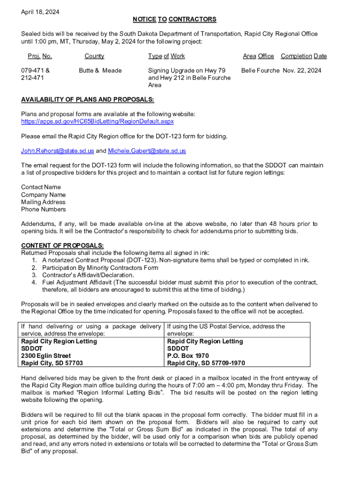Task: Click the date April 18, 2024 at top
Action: tap(40, 11)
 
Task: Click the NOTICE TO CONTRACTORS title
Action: tap(174, 19)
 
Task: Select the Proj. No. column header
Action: tap(40, 56)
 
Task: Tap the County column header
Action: tap(94, 56)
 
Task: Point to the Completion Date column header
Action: tap(303, 56)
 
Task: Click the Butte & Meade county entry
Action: tap(100, 71)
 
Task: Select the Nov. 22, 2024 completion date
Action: tap(302, 71)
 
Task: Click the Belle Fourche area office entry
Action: tap(260, 71)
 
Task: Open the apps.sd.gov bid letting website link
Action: tap(97, 122)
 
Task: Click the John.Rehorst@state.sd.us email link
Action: tap(58, 151)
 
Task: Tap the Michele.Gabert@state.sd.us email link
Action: tap(147, 151)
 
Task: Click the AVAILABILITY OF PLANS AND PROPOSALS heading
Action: tap(87, 100)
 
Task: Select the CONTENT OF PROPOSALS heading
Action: tap(62, 246)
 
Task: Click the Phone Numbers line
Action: tap(43, 210)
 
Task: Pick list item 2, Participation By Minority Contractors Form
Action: tap(100, 268)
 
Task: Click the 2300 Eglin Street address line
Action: tap(46, 356)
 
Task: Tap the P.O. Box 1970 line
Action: tap(188, 356)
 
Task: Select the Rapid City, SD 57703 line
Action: tap(52, 363)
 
